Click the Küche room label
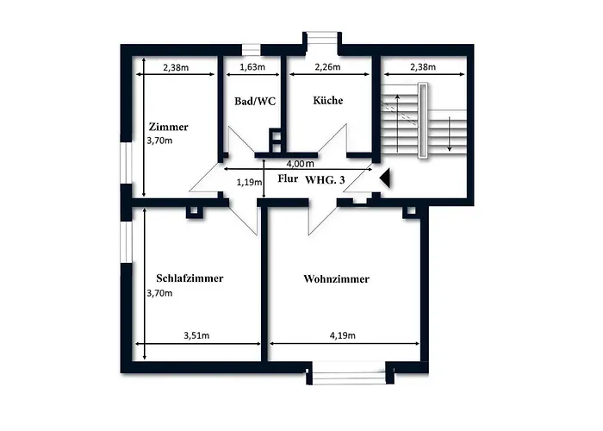pyautogui.click(x=327, y=101)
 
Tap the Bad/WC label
pyautogui.click(x=254, y=101)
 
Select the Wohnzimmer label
pyautogui.click(x=337, y=279)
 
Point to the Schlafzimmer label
pyautogui.click(x=190, y=279)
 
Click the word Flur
pyautogui.click(x=289, y=179)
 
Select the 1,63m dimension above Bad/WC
pyautogui.click(x=252, y=66)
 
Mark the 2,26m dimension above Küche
pyautogui.click(x=326, y=66)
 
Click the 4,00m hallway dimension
pyautogui.click(x=299, y=164)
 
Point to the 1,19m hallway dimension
pyautogui.click(x=248, y=182)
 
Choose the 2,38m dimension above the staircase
pyautogui.click(x=422, y=66)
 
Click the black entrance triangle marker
pyautogui.click(x=385, y=178)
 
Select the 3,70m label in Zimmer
pyautogui.click(x=160, y=140)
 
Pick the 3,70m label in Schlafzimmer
pyautogui.click(x=160, y=293)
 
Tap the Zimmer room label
pyautogui.click(x=168, y=126)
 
